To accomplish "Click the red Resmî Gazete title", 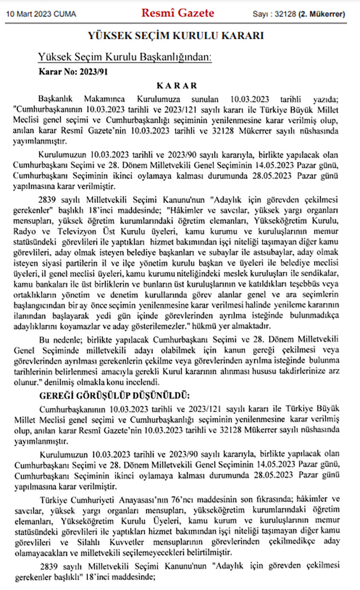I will click(x=178, y=13).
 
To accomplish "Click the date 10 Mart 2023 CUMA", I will click(x=41, y=14).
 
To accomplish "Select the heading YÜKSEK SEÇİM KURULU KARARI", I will click(x=176, y=36).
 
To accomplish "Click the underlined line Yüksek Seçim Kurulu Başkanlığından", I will click(x=124, y=57).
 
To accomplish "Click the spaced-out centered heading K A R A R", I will click(x=177, y=86).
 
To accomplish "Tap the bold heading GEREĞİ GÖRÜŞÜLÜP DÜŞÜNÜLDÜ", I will click(x=114, y=396).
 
